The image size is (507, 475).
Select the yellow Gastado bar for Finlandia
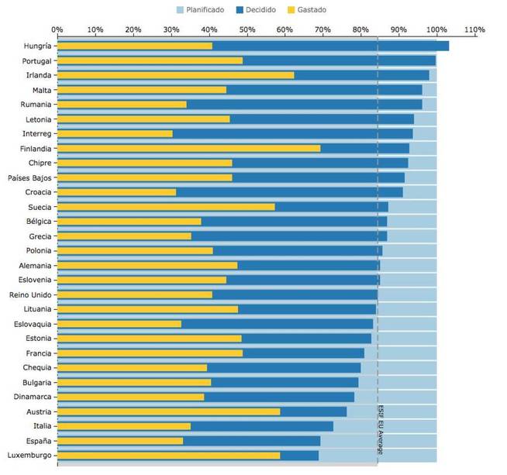(x=188, y=148)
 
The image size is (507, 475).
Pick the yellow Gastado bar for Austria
(x=168, y=411)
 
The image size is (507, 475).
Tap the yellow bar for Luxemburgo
(x=168, y=456)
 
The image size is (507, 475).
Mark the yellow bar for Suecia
(x=166, y=207)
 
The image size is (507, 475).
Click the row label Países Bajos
(x=30, y=177)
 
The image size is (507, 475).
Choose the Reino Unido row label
(x=30, y=294)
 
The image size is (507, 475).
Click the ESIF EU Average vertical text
(x=381, y=429)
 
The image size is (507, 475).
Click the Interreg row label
(x=37, y=133)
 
